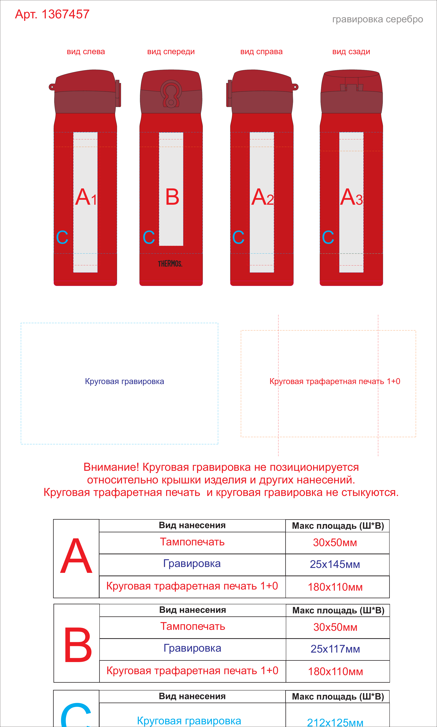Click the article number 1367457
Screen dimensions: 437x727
point(65,14)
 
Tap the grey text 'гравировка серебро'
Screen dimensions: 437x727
point(377,19)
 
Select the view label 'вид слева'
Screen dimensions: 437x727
point(86,52)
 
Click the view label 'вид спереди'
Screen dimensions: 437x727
point(171,52)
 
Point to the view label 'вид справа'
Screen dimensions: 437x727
point(261,52)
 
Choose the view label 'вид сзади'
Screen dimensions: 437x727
point(351,52)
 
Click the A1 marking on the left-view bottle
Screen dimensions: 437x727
point(86,197)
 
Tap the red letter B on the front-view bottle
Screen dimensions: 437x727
point(172,197)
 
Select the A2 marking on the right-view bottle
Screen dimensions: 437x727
point(262,197)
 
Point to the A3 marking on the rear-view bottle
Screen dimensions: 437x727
point(351,197)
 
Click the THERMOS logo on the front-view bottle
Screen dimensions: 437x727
point(170,264)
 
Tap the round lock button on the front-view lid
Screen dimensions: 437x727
point(171,94)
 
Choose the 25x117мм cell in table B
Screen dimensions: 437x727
point(335,649)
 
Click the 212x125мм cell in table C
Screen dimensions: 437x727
point(335,720)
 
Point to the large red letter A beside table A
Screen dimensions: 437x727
point(76,556)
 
